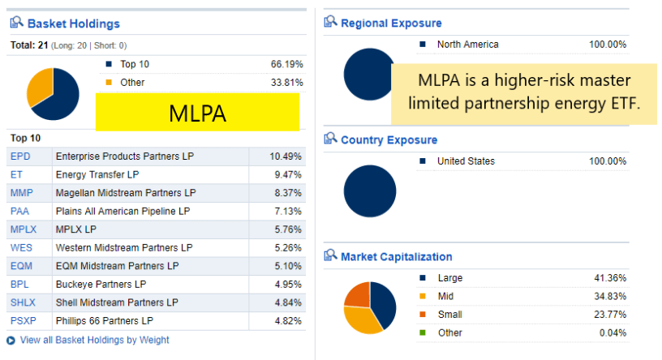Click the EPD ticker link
tap(19, 156)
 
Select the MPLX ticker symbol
tap(24, 229)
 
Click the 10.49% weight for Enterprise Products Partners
tap(286, 156)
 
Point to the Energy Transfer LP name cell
tap(97, 174)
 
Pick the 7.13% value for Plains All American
tap(287, 211)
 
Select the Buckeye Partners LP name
tap(101, 284)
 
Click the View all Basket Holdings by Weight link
tap(94, 340)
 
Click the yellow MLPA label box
tap(197, 113)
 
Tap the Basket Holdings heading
tap(73, 24)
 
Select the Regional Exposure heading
tap(391, 23)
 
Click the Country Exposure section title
tap(389, 140)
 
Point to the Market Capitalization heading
tap(396, 257)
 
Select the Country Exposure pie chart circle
tap(369, 191)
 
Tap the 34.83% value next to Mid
tap(610, 296)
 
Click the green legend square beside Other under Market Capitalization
tap(423, 332)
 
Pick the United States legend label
tap(466, 161)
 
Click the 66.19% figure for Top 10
tap(286, 63)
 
